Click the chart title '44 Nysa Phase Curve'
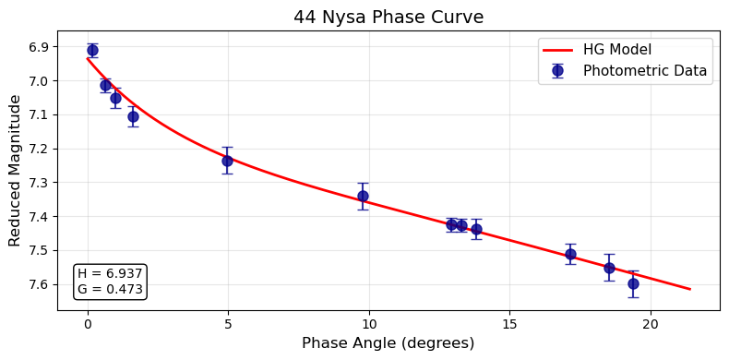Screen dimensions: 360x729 [x=388, y=18]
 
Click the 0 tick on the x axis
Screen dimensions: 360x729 [x=88, y=324]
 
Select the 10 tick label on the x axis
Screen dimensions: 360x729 [x=369, y=324]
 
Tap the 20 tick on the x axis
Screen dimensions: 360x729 [x=651, y=324]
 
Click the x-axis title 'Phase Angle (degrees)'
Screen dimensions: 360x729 [x=388, y=343]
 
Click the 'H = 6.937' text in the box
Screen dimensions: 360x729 [x=110, y=274]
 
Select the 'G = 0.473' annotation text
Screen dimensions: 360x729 [x=110, y=289]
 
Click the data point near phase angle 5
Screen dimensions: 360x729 [x=227, y=161]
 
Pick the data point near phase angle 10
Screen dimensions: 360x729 [x=363, y=196]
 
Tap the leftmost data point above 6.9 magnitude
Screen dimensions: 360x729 [x=92, y=50]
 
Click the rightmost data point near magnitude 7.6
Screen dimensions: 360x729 [x=633, y=283]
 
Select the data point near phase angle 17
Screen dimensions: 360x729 [x=570, y=254]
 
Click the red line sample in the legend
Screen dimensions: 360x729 [x=557, y=50]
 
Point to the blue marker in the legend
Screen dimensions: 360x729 [x=557, y=71]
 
